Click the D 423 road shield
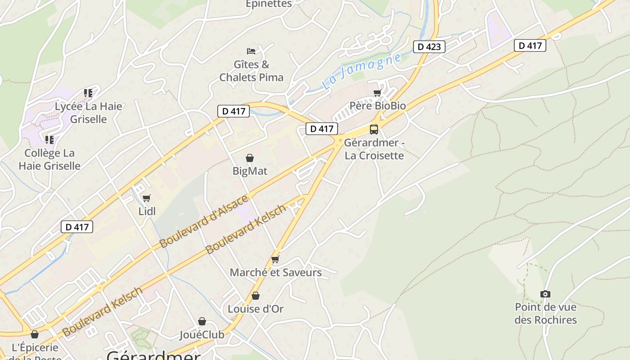point(429,46)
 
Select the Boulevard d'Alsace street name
point(203,221)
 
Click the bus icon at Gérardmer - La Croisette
point(374,130)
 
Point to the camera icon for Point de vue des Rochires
point(545,294)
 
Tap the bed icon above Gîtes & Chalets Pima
point(251,51)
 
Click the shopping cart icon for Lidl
point(146,198)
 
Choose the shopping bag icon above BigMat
point(250,158)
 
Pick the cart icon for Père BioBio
point(378,93)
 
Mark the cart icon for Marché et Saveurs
point(275,260)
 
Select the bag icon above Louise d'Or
point(256,296)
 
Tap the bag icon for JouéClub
point(202,321)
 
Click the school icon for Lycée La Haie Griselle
point(88,93)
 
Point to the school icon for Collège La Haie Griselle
point(49,139)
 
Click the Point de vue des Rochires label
point(545,314)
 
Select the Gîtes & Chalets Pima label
point(252,71)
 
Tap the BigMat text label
point(250,171)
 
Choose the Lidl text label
point(147,211)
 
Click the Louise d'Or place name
point(256,309)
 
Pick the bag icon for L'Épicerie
point(35,334)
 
